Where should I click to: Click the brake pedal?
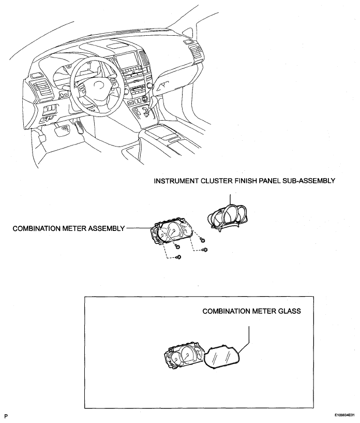[x=65, y=128]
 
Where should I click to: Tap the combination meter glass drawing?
[x=223, y=357]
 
